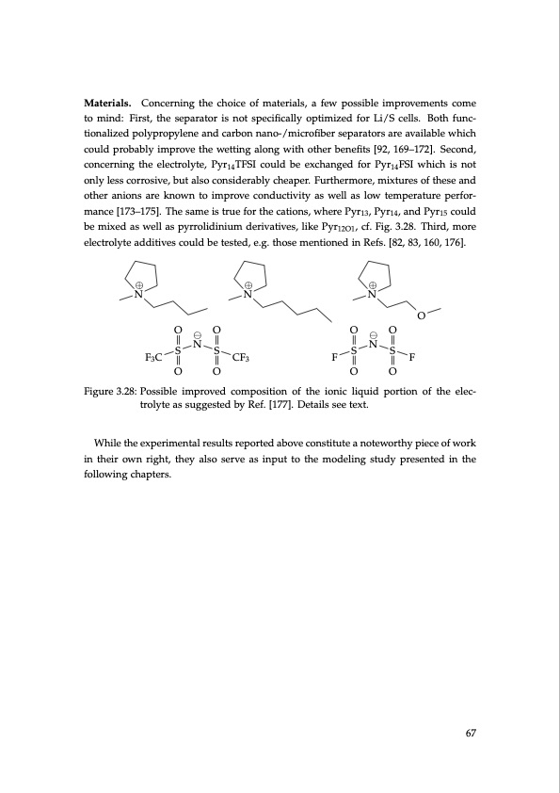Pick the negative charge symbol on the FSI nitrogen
[x=373, y=335]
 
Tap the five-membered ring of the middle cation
[x=248, y=274]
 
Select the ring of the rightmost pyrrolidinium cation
[x=374, y=274]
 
